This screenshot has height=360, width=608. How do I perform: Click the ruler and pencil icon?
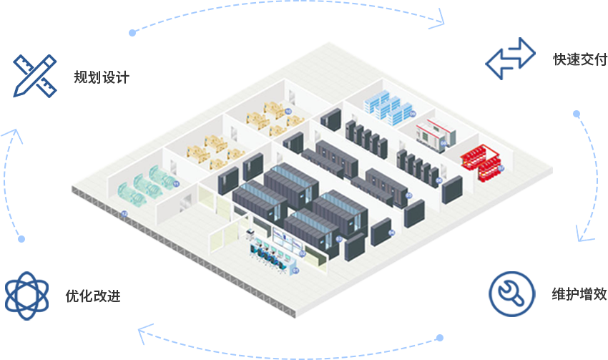(x=34, y=75)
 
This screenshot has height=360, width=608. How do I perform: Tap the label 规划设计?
(x=101, y=77)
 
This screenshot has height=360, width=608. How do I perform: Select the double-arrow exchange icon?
(x=510, y=59)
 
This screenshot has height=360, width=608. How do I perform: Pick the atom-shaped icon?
(x=26, y=293)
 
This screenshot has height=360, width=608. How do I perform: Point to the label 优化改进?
(x=93, y=296)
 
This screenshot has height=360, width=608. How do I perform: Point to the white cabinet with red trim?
(x=433, y=133)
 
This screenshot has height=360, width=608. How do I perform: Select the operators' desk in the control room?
(x=272, y=258)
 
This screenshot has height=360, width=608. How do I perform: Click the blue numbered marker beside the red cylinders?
(x=501, y=168)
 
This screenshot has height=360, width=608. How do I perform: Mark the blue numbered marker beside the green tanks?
(x=176, y=184)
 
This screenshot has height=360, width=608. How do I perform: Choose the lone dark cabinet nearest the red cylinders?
(x=451, y=188)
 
